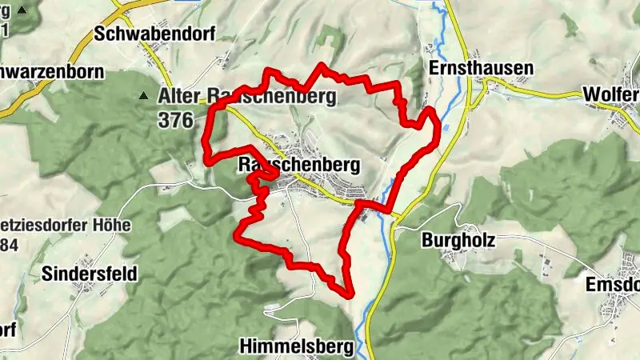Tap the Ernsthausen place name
(x=481, y=68)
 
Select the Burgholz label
(x=459, y=239)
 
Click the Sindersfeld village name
(x=90, y=274)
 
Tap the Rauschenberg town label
(x=299, y=164)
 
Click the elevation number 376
(x=176, y=121)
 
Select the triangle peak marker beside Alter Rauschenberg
(x=143, y=96)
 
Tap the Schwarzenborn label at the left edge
(x=52, y=71)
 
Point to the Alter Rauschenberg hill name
(x=247, y=96)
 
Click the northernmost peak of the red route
(x=322, y=65)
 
